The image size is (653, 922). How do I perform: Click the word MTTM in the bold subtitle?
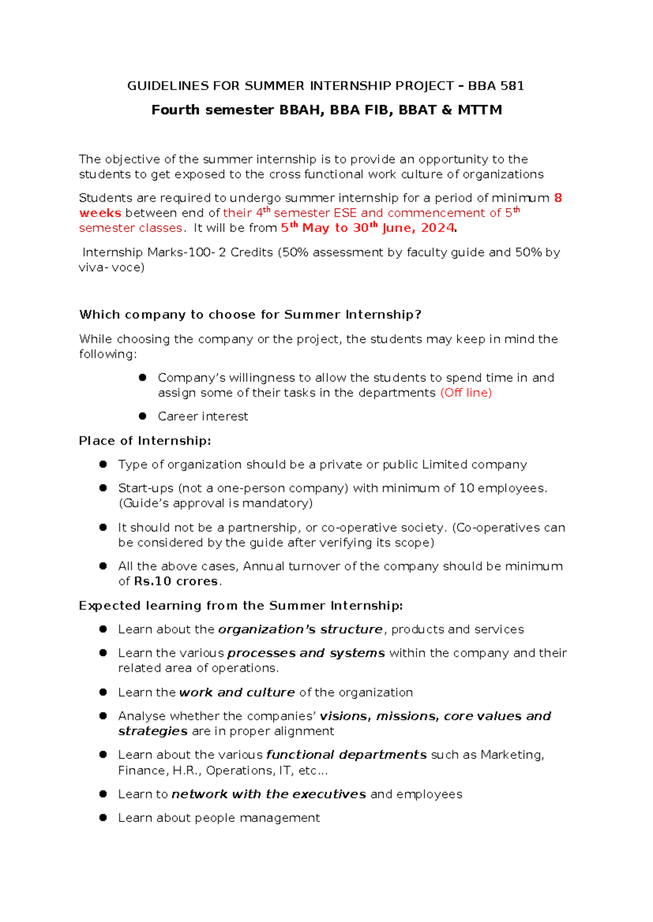479,110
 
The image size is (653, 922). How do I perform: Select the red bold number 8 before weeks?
558,198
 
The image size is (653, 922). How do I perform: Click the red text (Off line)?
466,393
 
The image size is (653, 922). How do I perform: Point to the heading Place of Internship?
145,441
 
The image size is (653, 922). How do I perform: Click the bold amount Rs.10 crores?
176,582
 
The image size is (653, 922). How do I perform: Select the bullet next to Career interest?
143,416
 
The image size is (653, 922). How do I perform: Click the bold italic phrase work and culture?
237,693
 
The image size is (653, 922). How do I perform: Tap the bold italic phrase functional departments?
346,755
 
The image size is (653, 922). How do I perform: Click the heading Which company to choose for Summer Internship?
250,315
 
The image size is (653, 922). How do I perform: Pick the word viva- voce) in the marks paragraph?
112,267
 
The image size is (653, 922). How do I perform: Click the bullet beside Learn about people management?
103,818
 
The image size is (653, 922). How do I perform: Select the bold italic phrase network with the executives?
269,794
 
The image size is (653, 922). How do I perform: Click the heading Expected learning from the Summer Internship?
241,606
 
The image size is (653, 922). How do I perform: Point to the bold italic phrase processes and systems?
306,653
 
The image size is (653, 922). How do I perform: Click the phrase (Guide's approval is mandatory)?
215,503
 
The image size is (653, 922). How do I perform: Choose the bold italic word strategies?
153,731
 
